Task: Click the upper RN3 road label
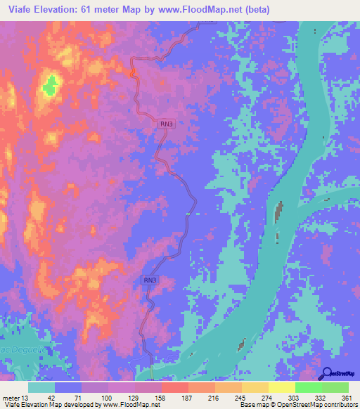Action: click(166, 124)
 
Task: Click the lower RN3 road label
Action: click(150, 280)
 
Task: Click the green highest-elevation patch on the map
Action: click(50, 86)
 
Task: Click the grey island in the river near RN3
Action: click(279, 212)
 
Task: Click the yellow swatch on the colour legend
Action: click(280, 387)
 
